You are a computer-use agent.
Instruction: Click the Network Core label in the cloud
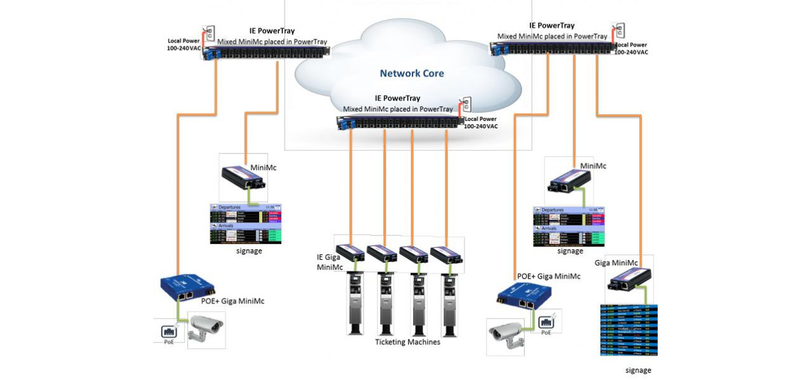point(412,73)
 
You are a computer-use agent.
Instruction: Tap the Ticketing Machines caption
point(407,342)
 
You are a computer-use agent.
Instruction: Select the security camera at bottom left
point(205,330)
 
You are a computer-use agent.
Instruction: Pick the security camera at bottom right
point(506,331)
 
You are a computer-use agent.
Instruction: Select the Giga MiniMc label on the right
point(616,263)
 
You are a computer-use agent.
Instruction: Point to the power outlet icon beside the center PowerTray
point(465,104)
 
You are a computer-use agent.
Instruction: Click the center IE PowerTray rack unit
point(399,122)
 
